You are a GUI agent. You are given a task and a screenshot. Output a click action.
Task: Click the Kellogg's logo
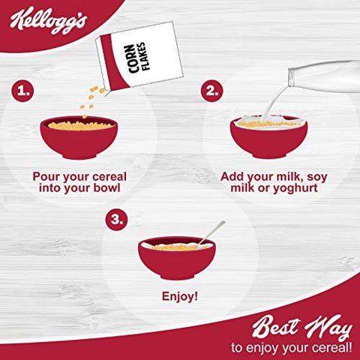click(49, 21)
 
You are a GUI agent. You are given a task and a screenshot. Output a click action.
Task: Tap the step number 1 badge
click(22, 91)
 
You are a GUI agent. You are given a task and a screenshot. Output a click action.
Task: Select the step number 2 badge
click(212, 91)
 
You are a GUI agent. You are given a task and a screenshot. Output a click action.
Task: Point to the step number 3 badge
click(116, 220)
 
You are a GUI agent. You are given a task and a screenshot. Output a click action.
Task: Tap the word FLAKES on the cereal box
click(144, 56)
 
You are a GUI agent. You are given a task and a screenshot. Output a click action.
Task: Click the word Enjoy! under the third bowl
click(180, 297)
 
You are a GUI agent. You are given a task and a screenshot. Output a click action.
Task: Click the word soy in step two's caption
click(317, 177)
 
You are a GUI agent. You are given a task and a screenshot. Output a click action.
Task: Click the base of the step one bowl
click(79, 156)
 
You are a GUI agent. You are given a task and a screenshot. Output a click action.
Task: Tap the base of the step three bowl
click(177, 277)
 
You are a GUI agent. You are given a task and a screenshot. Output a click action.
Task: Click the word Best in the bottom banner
click(275, 326)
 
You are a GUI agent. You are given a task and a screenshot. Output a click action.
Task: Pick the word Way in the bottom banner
click(328, 328)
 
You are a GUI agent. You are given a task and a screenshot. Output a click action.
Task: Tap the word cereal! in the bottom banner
click(333, 348)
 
